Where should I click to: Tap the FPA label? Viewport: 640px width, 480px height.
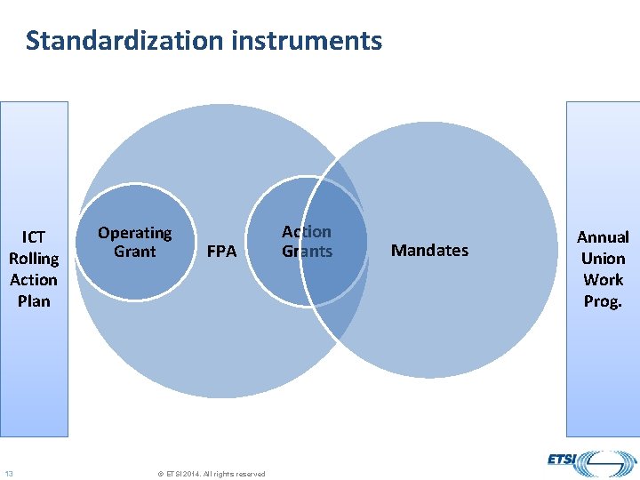click(221, 252)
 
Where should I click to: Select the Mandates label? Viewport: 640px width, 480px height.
click(429, 251)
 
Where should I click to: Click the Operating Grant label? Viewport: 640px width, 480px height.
click(134, 242)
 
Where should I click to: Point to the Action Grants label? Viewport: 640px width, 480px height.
click(307, 242)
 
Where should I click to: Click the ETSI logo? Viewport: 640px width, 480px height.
click(587, 462)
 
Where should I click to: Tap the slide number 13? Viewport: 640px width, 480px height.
click(8, 473)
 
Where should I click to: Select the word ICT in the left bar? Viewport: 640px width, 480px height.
click(34, 237)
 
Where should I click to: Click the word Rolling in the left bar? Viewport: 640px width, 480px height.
click(34, 259)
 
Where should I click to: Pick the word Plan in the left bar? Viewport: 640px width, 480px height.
click(34, 301)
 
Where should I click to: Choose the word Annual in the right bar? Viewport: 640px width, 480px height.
click(603, 237)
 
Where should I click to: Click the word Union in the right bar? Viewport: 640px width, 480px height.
click(603, 259)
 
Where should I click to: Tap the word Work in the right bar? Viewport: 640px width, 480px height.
click(603, 280)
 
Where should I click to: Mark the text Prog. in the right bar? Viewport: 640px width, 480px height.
click(603, 301)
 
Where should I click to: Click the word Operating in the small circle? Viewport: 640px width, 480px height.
click(134, 233)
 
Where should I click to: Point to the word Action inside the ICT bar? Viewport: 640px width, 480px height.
click(34, 280)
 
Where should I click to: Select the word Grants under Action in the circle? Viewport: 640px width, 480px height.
click(307, 252)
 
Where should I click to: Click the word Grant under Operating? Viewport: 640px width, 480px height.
click(134, 252)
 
